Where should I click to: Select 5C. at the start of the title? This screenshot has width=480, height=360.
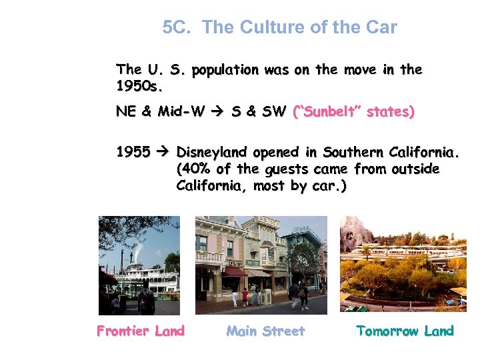point(179,28)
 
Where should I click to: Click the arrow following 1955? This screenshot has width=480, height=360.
point(163,153)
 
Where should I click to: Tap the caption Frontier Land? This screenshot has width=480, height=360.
point(141,331)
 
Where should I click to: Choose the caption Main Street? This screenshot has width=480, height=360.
point(265,331)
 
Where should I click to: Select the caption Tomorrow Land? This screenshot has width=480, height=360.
point(405,331)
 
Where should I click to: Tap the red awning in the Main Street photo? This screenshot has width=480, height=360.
point(234,272)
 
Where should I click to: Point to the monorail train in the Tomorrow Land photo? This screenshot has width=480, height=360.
point(400,256)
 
